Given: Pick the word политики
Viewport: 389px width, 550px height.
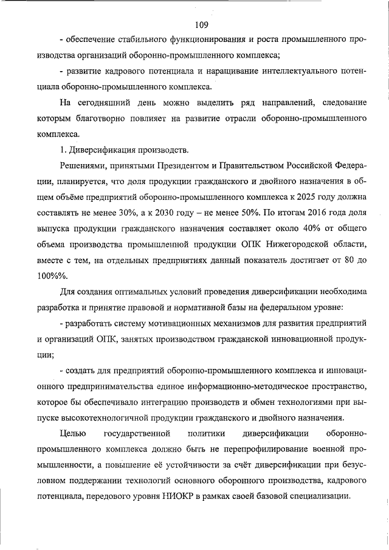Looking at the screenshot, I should tap(207, 433).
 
